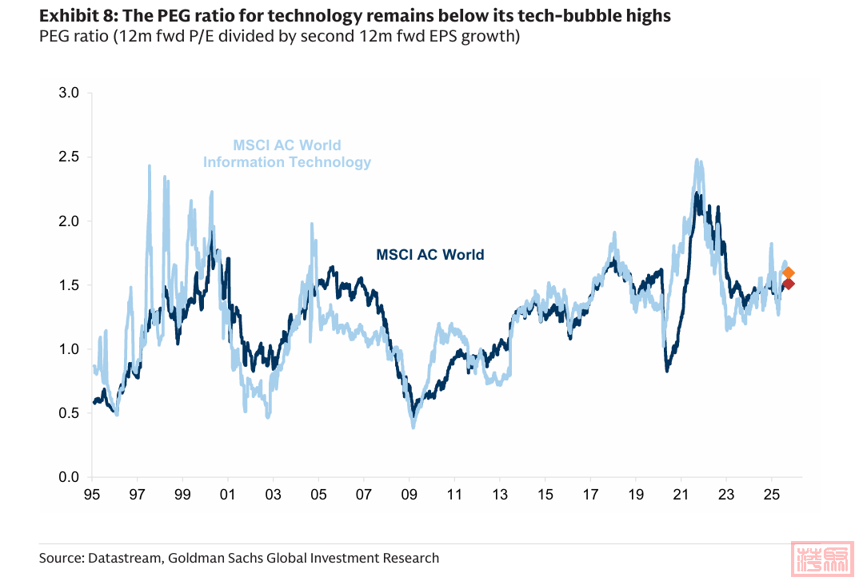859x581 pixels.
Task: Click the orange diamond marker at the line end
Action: [788, 273]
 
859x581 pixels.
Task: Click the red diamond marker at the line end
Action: [788, 284]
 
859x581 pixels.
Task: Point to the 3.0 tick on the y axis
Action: [70, 94]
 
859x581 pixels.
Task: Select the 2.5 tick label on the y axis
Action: [70, 157]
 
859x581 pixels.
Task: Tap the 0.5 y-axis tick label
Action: [70, 413]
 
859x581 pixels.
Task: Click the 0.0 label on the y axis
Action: [70, 477]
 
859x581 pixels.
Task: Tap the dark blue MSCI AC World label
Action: [429, 255]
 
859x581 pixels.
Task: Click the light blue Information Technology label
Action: [287, 162]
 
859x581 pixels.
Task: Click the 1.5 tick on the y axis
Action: [70, 285]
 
